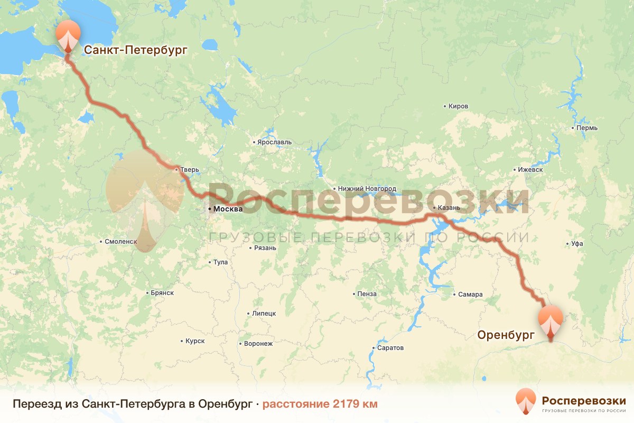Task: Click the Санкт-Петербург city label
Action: tap(135, 50)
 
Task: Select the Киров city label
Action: tap(458, 106)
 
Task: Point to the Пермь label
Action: tap(587, 128)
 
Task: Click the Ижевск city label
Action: tap(530, 170)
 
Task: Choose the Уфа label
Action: tap(577, 244)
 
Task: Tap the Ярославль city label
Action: tap(274, 142)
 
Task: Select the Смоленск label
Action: tap(121, 242)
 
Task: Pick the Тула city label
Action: tap(220, 262)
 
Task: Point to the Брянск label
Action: tap(162, 293)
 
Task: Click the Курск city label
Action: tap(195, 342)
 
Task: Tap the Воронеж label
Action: tap(258, 344)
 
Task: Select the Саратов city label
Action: tap(390, 348)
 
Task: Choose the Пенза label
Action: tap(367, 294)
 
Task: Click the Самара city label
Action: tap(471, 295)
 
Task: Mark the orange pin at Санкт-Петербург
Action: tap(68, 35)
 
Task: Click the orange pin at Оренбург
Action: tap(551, 320)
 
